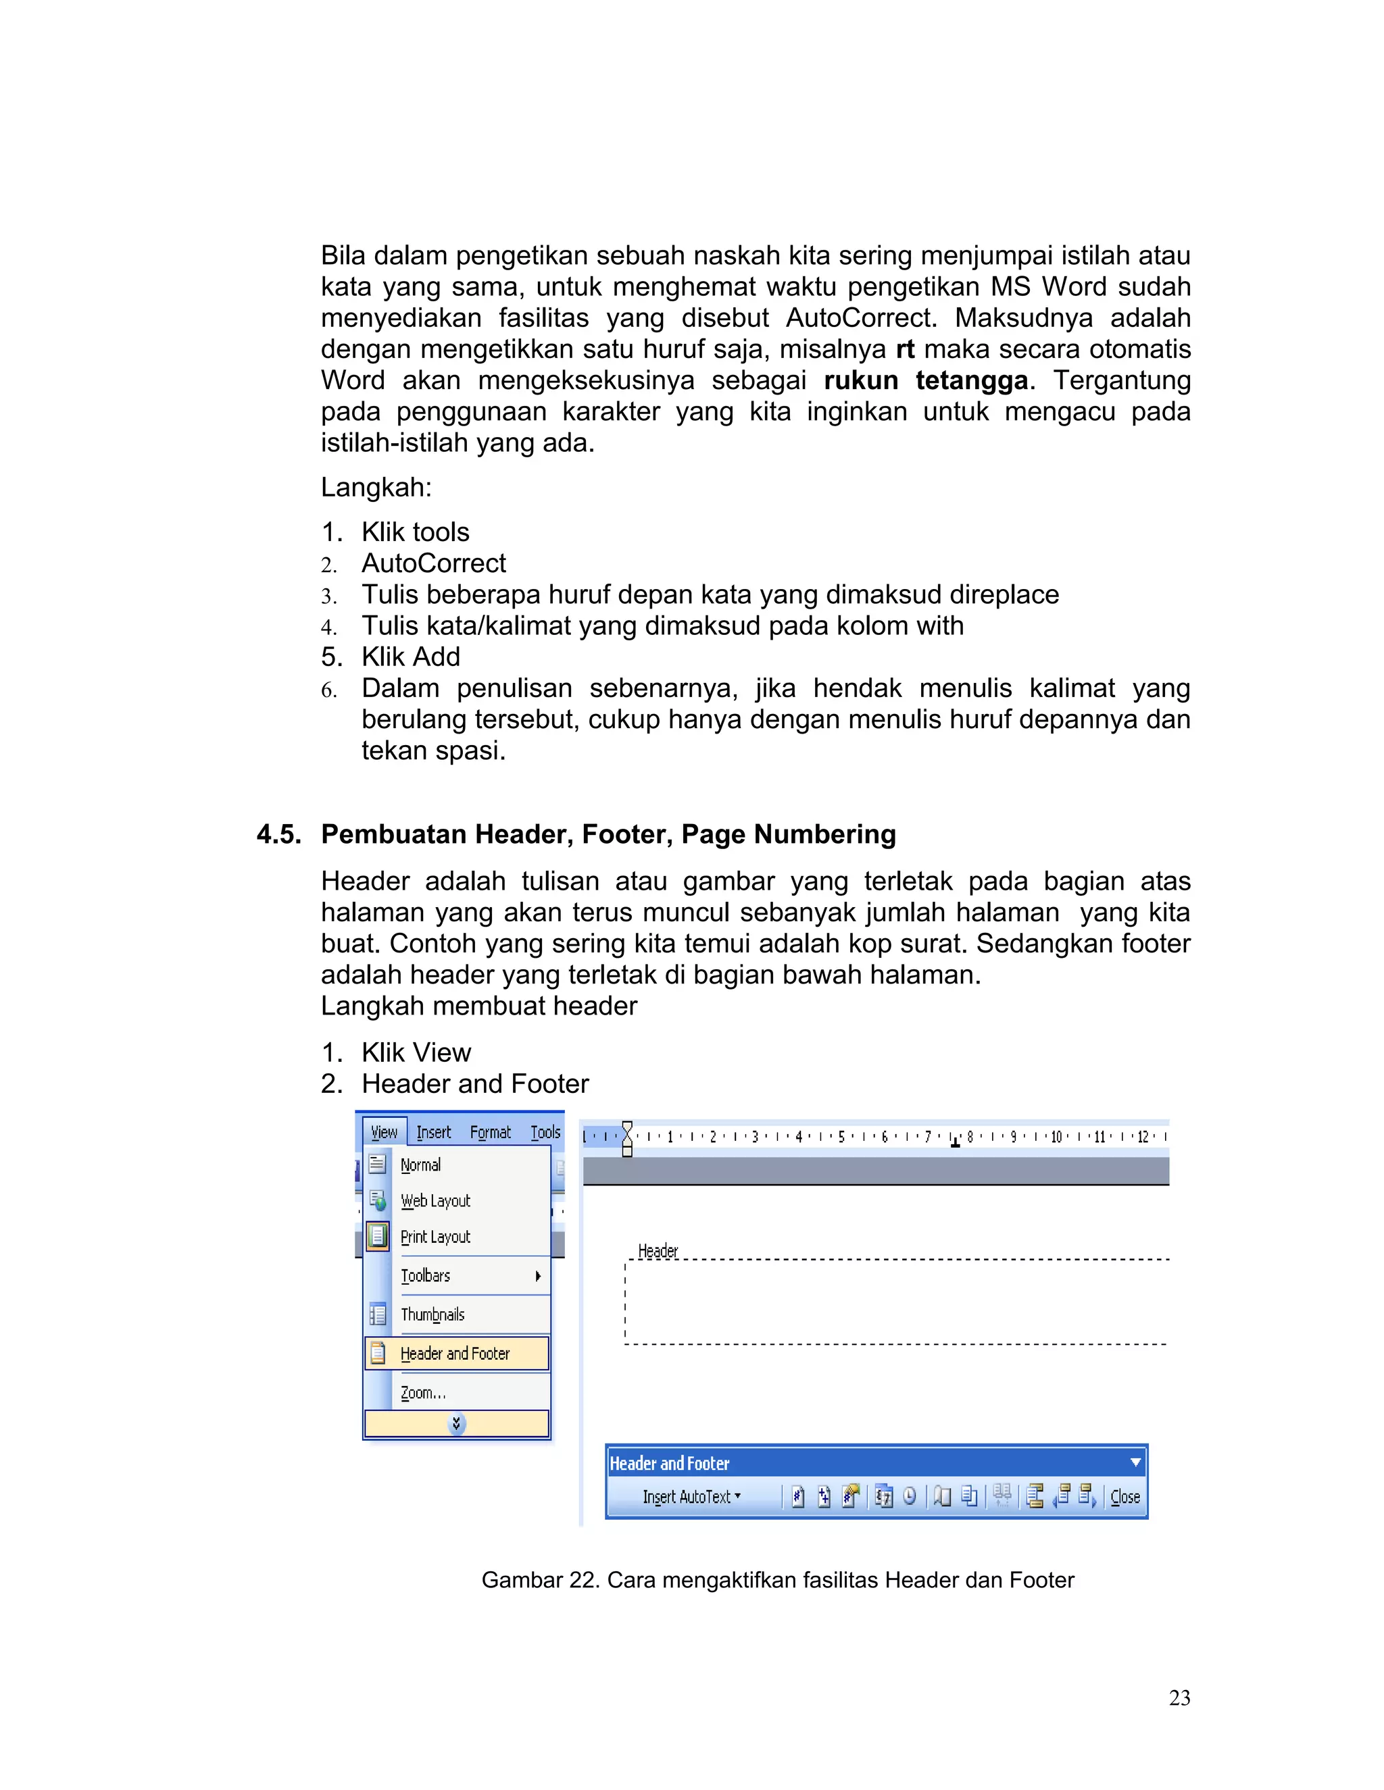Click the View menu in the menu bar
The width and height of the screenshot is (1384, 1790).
pos(384,1132)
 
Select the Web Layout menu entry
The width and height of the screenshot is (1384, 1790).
pos(435,1201)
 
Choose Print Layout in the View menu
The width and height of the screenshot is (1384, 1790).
pos(435,1237)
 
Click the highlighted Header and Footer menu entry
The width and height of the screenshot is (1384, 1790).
pos(455,1353)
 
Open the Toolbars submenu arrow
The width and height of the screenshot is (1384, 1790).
pos(538,1275)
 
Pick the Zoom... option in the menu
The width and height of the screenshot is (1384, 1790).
pos(423,1393)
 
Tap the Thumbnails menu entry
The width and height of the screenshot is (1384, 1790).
pos(432,1314)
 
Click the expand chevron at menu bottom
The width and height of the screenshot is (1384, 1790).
pos(457,1424)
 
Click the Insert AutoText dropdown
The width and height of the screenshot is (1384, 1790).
pos(691,1497)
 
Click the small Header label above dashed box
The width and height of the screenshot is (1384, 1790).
pos(658,1251)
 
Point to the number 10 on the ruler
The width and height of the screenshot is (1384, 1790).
pos(1057,1137)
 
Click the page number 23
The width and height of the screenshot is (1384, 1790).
pos(1179,1697)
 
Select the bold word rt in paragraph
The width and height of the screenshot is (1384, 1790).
pos(904,349)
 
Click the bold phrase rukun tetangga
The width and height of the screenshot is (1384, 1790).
pos(926,380)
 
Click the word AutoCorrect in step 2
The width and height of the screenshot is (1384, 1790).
pos(434,563)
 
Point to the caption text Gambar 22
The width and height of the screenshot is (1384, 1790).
pos(541,1579)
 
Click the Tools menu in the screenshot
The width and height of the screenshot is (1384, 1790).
pos(545,1132)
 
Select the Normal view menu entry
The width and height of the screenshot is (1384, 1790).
pos(420,1165)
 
